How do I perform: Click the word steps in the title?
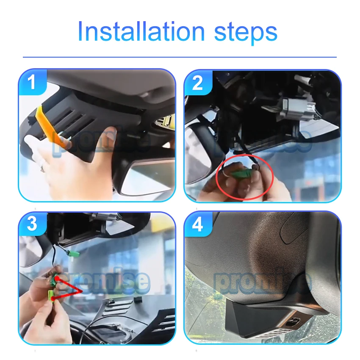point(246,33)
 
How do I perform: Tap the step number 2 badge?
point(198,83)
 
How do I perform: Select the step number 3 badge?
point(32,224)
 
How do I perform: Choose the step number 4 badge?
point(198,224)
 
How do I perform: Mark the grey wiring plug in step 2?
point(299,108)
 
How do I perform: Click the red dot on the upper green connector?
point(56,279)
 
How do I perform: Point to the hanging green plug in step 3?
point(75,253)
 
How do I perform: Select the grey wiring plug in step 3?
point(105,216)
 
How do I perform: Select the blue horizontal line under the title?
point(180,57)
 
